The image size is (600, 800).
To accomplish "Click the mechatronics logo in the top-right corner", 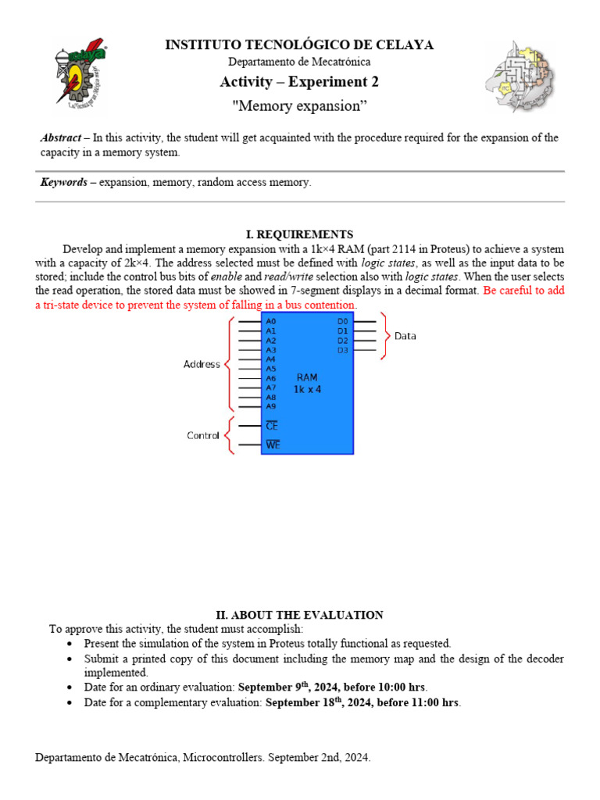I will pyautogui.click(x=521, y=76).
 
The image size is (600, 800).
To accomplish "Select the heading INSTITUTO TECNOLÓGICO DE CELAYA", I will pyautogui.click(x=299, y=45).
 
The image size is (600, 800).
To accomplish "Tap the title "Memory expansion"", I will pyautogui.click(x=299, y=105).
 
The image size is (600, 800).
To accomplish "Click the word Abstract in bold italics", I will pyautogui.click(x=60, y=137).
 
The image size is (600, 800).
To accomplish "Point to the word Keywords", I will pyautogui.click(x=63, y=182).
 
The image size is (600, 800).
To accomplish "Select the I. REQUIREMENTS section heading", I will pyautogui.click(x=299, y=234).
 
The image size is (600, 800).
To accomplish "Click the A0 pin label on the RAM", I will pyautogui.click(x=271, y=321).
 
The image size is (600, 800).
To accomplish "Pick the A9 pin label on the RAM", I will pyautogui.click(x=271, y=406).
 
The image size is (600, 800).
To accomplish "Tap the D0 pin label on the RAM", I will pyautogui.click(x=342, y=321).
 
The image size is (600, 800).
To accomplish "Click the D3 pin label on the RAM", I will pyautogui.click(x=342, y=350).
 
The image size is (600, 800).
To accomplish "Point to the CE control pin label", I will pyautogui.click(x=272, y=426).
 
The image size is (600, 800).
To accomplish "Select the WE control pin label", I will pyautogui.click(x=273, y=445).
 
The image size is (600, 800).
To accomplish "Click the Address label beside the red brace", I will pyautogui.click(x=202, y=364).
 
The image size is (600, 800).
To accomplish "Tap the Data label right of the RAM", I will pyautogui.click(x=405, y=336).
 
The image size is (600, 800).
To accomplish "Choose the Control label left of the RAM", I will pyautogui.click(x=203, y=435).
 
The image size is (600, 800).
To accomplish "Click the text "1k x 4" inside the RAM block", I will pyautogui.click(x=307, y=389).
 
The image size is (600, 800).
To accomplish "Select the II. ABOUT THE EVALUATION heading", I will pyautogui.click(x=299, y=615).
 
